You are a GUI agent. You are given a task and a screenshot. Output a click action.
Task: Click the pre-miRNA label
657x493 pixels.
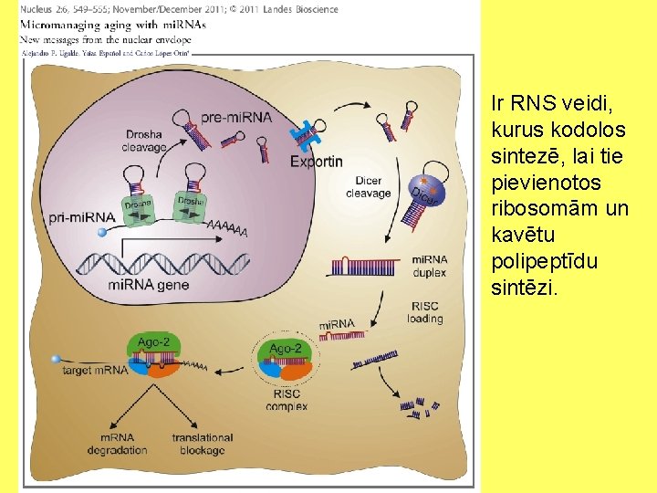(236, 117)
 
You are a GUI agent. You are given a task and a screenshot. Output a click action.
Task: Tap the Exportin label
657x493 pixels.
(317, 162)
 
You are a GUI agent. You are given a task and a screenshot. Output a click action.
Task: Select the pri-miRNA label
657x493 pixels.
(82, 217)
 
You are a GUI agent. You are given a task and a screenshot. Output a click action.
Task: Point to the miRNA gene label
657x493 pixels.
(149, 284)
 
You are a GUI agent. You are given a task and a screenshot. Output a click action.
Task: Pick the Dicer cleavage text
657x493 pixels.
(369, 187)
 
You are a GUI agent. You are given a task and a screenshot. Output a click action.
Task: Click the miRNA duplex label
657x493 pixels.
(429, 266)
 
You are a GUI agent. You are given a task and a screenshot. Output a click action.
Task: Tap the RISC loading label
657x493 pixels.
(426, 312)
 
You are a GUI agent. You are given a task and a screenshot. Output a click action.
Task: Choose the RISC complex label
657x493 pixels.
(287, 400)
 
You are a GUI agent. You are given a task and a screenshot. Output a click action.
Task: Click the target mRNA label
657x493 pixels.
(95, 372)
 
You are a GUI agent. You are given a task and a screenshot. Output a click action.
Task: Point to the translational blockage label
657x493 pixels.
(203, 444)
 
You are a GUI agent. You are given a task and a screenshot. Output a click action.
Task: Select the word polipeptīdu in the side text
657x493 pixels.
(544, 261)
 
